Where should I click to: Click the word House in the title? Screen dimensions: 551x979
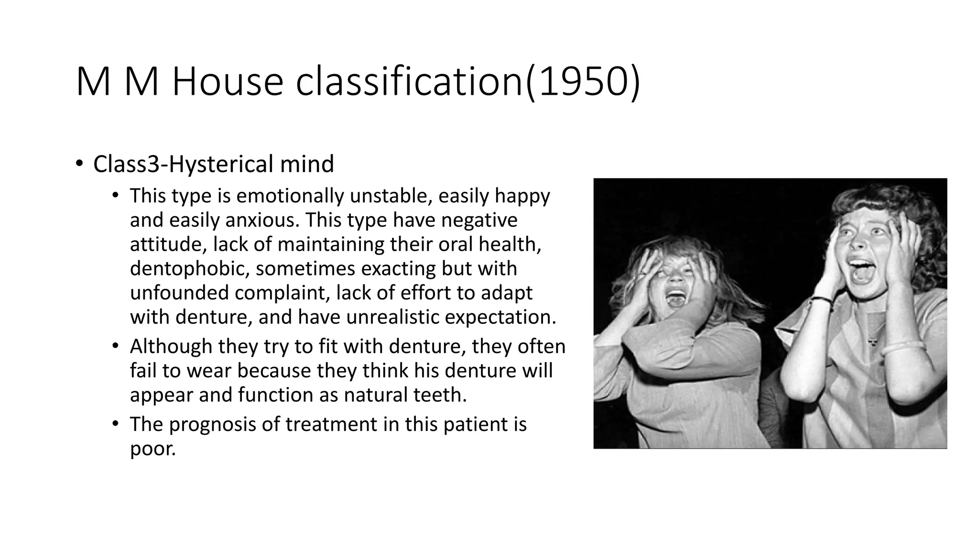tap(228, 83)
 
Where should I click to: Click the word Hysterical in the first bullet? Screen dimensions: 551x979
tap(221, 164)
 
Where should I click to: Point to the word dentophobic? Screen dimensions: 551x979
tap(189, 269)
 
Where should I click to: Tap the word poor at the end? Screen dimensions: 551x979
tap(152, 449)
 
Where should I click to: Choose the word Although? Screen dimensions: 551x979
tap(171, 346)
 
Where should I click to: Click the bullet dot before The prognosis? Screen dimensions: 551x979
tap(115, 424)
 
